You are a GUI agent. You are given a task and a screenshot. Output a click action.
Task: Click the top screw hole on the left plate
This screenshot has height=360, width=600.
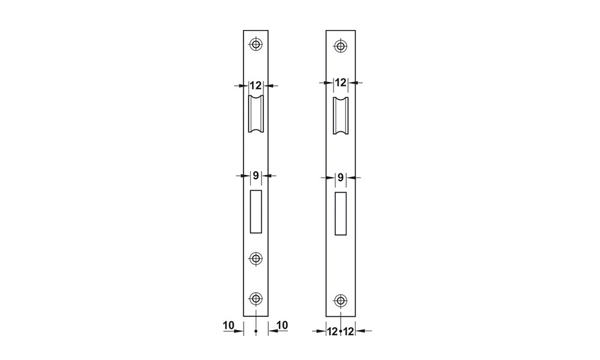coord(256,44)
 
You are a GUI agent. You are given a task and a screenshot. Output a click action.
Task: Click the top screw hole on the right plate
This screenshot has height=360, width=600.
coord(340,45)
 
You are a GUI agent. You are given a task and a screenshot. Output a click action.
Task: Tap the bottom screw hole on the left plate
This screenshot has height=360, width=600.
coord(256,298)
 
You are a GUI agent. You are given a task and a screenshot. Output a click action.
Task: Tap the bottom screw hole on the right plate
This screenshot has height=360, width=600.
coord(340,300)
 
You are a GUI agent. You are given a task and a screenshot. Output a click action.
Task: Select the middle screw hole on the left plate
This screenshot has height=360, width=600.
coord(256,258)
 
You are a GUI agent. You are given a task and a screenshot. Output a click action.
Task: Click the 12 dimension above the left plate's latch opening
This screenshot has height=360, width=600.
coord(256,85)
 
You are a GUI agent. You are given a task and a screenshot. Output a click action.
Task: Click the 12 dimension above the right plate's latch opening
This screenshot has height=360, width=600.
coord(340,82)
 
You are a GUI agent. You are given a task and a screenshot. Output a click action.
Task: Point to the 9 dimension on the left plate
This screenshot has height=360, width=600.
coord(256,175)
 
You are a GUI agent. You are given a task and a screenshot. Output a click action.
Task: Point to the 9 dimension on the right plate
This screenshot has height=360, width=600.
coord(340,177)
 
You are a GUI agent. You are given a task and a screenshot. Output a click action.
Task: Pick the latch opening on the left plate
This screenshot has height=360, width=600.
coord(256,114)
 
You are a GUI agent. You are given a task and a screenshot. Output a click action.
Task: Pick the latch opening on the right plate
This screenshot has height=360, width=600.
coord(340,115)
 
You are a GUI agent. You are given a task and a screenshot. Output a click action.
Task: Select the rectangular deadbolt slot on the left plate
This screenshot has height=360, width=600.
coord(256,211)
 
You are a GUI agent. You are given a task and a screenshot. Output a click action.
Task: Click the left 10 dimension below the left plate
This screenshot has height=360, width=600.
coord(229,325)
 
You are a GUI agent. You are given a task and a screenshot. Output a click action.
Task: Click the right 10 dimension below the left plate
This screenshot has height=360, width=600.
coord(283,325)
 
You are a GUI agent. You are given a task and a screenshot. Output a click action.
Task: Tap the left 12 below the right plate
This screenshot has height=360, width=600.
coord(332,331)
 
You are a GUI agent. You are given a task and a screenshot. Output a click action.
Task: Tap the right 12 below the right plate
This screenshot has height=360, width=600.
coord(349,331)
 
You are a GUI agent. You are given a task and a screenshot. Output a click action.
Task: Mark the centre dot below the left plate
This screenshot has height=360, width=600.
coord(256,331)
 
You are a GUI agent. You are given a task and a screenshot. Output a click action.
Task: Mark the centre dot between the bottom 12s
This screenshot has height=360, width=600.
coord(340,331)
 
